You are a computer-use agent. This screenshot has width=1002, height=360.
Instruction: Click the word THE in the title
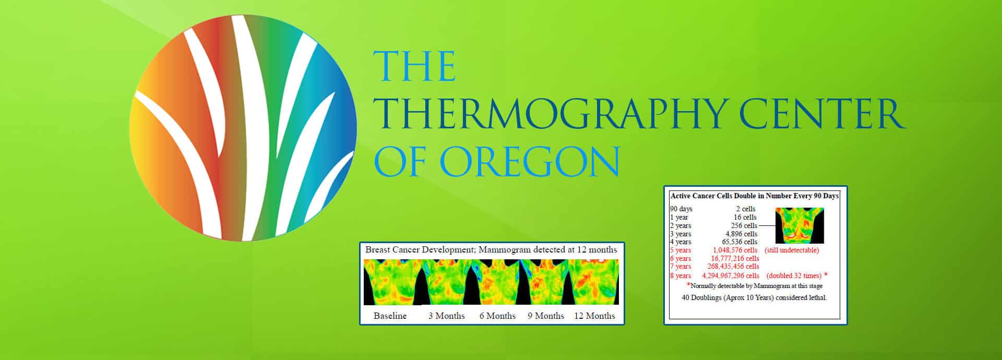(414, 66)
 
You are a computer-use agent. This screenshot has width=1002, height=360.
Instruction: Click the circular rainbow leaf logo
(243, 128)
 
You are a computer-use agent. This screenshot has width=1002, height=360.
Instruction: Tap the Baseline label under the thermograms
(390, 316)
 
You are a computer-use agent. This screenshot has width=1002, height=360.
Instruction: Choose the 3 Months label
(446, 316)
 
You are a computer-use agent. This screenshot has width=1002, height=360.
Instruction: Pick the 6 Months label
(497, 316)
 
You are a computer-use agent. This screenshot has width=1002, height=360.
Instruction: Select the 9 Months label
(546, 316)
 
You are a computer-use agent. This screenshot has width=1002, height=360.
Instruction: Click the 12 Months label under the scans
(594, 316)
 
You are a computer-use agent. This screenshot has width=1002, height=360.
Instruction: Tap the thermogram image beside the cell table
(800, 225)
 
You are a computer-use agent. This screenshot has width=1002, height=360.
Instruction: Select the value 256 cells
(744, 225)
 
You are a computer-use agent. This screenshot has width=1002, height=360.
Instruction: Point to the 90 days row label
(682, 209)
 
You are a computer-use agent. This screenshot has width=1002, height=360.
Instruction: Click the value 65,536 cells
(739, 242)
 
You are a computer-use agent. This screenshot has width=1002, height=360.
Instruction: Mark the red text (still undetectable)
(792, 250)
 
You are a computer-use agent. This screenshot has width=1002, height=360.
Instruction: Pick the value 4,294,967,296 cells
(731, 275)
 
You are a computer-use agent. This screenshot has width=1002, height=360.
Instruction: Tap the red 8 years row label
(681, 275)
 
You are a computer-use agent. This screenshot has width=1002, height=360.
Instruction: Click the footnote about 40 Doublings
(754, 298)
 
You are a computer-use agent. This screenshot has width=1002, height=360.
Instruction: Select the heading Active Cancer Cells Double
(755, 196)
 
